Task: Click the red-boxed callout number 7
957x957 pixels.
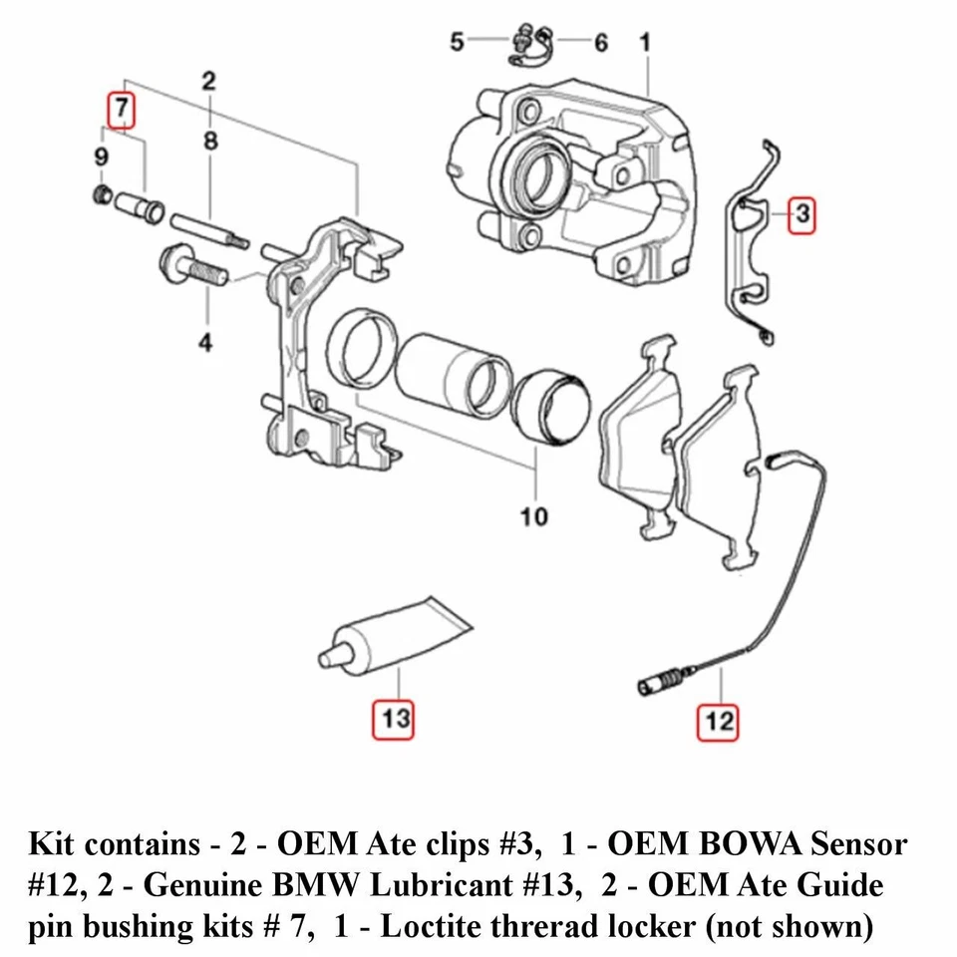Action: click(121, 110)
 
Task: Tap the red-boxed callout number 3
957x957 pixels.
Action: click(801, 215)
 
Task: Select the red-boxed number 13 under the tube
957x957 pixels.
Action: click(394, 720)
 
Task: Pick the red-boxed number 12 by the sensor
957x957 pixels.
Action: click(718, 722)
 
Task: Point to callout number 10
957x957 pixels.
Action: click(533, 517)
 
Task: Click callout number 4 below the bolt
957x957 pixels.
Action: click(205, 342)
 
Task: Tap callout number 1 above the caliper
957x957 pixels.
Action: click(645, 42)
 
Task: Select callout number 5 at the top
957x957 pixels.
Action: click(458, 42)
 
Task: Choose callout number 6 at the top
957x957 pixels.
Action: click(601, 43)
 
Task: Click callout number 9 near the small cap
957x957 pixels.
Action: click(102, 157)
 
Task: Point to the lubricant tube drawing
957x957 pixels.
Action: click(395, 637)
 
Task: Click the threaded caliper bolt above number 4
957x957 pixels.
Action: click(193, 268)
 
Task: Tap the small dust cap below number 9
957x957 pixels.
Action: click(103, 194)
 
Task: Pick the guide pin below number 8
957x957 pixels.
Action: click(209, 230)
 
